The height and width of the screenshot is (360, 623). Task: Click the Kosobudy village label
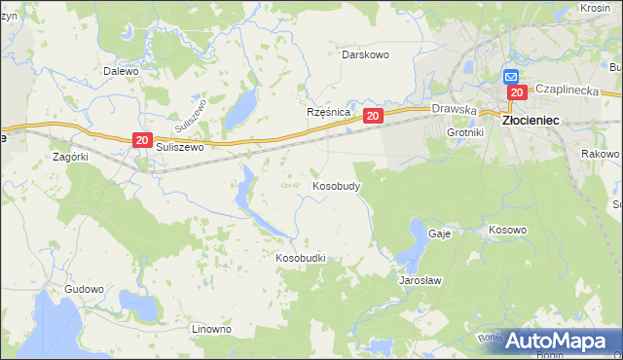click(x=337, y=185)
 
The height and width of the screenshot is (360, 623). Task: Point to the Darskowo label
click(x=365, y=54)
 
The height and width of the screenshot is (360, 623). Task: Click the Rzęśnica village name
click(x=328, y=113)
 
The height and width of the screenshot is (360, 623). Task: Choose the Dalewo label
click(x=122, y=71)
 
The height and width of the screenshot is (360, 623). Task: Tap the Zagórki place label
click(x=71, y=156)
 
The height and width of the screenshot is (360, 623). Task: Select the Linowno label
click(x=211, y=329)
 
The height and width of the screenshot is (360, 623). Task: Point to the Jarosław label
click(x=421, y=280)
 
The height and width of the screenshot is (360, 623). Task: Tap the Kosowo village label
click(x=507, y=230)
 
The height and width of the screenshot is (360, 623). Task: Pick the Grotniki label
click(x=465, y=131)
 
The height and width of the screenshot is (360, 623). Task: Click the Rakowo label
click(x=599, y=154)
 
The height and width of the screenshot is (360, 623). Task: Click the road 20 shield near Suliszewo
click(x=142, y=141)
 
